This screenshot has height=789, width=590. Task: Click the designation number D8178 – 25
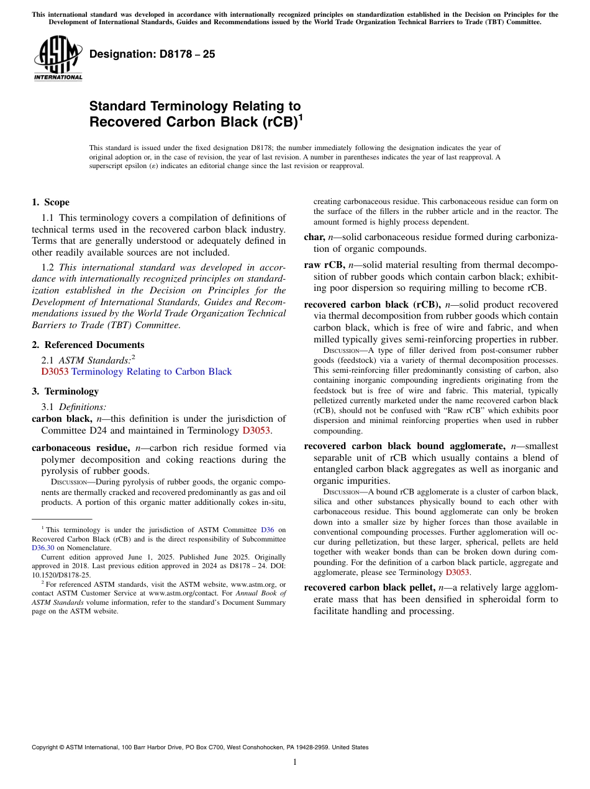pyautogui.click(x=152, y=54)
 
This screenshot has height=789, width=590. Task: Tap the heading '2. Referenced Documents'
pyautogui.click(x=88, y=345)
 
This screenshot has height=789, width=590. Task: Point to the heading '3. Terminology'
pyautogui.click(x=65, y=391)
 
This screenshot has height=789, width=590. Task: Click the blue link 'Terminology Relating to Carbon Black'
pyautogui.click(x=152, y=372)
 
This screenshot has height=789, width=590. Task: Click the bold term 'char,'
pyautogui.click(x=314, y=237)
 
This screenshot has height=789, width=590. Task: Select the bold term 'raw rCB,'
pyautogui.click(x=324, y=265)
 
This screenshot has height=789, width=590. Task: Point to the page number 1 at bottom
pyautogui.click(x=295, y=762)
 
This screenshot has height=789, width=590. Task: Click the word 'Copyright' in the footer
pyautogui.click(x=47, y=747)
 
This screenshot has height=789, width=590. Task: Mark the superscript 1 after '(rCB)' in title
pyautogui.click(x=301, y=116)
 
